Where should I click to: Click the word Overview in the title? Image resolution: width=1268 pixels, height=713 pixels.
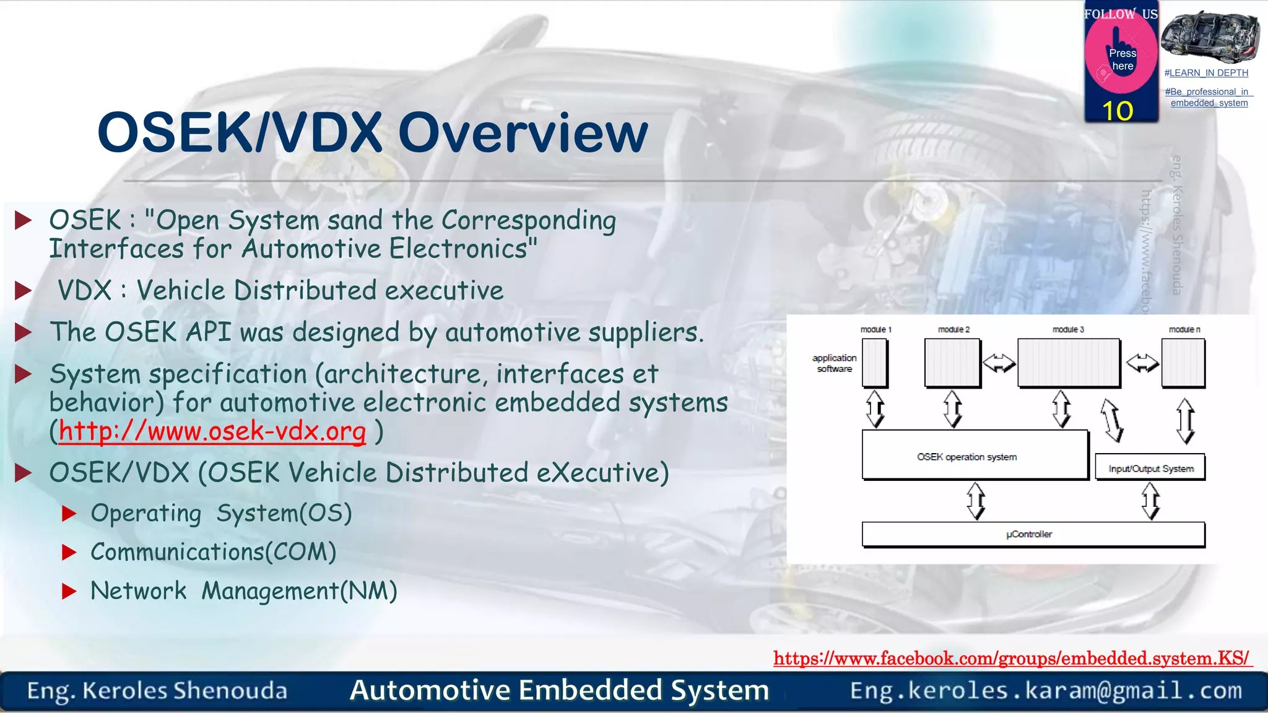coord(523,133)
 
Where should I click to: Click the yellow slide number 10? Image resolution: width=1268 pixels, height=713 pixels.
coord(1118,111)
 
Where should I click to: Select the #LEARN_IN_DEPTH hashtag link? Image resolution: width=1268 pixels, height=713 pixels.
coord(1206,73)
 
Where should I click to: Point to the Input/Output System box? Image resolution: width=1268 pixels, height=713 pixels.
coord(1150,469)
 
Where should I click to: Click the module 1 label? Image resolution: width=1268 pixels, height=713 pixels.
coord(875,330)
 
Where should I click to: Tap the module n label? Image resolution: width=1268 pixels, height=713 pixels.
coord(1184,330)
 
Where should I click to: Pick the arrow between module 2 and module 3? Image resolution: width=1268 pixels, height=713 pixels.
coord(999,363)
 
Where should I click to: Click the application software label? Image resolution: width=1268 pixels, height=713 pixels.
coord(834,363)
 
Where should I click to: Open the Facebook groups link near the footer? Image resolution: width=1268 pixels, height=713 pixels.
coord(1012,658)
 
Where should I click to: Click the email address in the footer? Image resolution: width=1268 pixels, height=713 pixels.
coord(1046,691)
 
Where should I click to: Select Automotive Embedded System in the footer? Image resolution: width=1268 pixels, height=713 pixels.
coord(559,691)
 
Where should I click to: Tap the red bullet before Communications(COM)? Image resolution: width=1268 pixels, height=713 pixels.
coord(69,552)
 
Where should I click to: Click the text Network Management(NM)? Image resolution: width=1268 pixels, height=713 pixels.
coord(243,591)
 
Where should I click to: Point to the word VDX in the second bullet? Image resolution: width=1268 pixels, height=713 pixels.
coord(85,290)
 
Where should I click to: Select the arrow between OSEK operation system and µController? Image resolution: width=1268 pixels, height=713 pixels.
coord(976,501)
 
